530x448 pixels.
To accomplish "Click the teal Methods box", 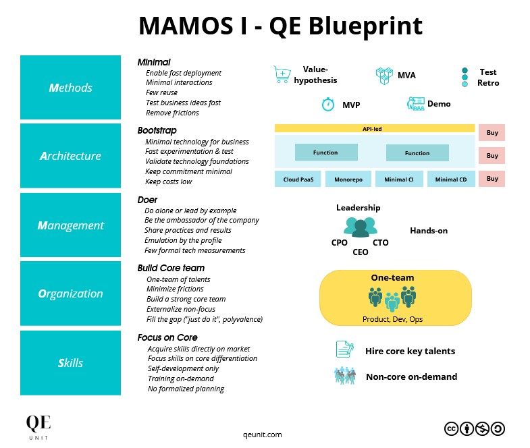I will [70, 88].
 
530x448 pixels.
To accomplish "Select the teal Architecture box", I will [70, 156].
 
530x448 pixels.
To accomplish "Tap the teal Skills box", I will [70, 363].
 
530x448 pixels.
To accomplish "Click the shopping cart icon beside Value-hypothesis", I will [282, 75].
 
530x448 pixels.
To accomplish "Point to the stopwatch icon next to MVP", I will [328, 104].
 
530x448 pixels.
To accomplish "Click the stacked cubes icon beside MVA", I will [384, 75].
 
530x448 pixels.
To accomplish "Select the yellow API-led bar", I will [374, 128].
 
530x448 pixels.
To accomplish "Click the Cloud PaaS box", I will [298, 179].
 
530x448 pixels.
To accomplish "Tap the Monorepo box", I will [348, 179].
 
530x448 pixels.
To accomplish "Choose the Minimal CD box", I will [450, 179].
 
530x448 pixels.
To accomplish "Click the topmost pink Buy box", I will [492, 132].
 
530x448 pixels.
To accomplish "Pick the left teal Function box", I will [325, 152].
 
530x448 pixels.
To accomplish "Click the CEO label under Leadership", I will [361, 252].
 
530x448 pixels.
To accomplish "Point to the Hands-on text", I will [428, 231].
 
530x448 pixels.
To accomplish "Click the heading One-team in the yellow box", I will [392, 278].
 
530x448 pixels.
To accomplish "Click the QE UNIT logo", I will [38, 426].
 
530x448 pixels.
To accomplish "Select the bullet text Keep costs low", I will [168, 182].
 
